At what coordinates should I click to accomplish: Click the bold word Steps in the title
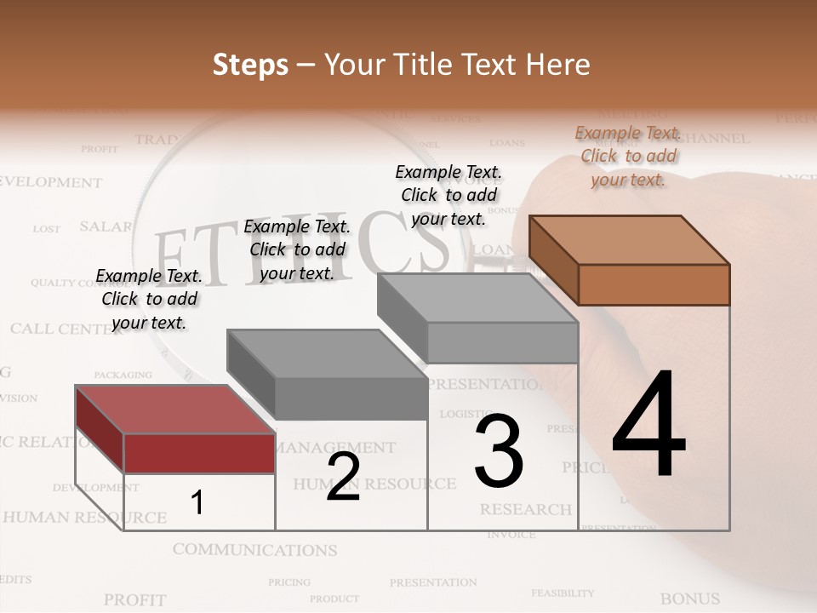pyautogui.click(x=250, y=65)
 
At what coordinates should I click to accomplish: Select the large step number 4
pyautogui.click(x=648, y=426)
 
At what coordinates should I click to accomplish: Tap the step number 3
pyautogui.click(x=499, y=451)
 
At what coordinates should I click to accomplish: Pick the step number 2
pyautogui.click(x=343, y=477)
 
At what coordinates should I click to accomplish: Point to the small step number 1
pyautogui.click(x=197, y=503)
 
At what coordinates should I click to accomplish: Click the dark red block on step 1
pyautogui.click(x=199, y=452)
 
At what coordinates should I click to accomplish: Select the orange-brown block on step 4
pyautogui.click(x=653, y=283)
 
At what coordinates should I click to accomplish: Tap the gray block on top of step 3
pyautogui.click(x=501, y=341)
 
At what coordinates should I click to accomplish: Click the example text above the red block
pyautogui.click(x=149, y=299)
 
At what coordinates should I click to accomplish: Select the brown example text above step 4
pyautogui.click(x=628, y=156)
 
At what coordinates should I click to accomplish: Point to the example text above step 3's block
pyautogui.click(x=448, y=195)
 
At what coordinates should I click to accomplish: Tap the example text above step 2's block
pyautogui.click(x=297, y=249)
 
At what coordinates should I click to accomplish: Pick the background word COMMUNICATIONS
pyautogui.click(x=254, y=550)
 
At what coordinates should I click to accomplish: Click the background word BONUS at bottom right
pyautogui.click(x=690, y=599)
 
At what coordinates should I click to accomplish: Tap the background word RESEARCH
pyautogui.click(x=525, y=509)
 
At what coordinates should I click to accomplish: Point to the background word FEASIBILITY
pyautogui.click(x=563, y=593)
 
